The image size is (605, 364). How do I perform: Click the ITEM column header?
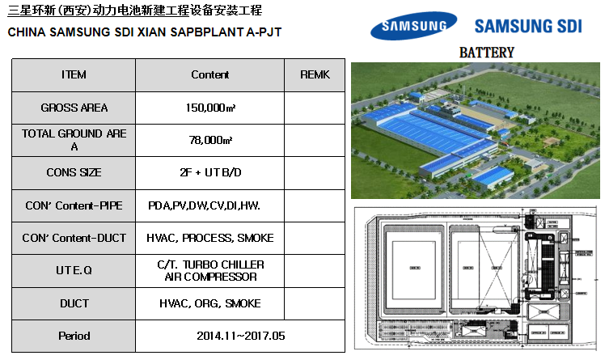point(74,75)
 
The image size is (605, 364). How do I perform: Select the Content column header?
point(210,75)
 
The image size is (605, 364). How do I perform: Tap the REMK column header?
point(315,75)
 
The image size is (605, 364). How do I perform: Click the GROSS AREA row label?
point(74,108)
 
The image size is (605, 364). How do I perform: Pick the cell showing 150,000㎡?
point(210,108)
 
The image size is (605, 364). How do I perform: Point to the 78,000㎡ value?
point(210,140)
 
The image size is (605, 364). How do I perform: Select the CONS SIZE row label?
point(74,172)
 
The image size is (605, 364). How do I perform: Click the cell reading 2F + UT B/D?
point(210,172)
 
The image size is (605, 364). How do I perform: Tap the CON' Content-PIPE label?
point(74,205)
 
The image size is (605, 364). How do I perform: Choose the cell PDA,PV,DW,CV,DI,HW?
point(204,205)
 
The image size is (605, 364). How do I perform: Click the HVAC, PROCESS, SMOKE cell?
point(210,238)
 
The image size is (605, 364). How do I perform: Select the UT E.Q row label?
point(74,271)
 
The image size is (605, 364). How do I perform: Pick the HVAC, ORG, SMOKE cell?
point(210,303)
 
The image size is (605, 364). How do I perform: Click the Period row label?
point(74,336)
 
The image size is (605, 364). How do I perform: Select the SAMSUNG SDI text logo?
point(534,26)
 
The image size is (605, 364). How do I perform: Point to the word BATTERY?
point(486,53)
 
